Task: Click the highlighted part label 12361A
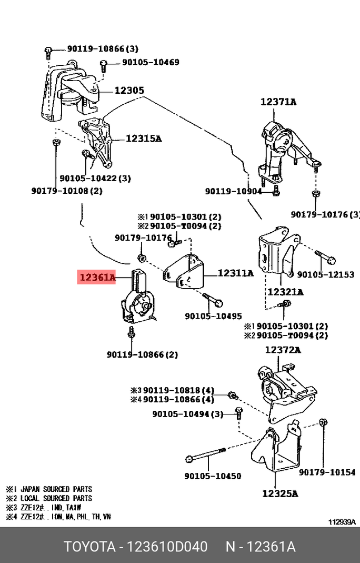(96, 277)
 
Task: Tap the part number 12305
(129, 91)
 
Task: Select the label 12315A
(143, 139)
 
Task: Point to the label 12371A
(278, 102)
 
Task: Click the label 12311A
(235, 273)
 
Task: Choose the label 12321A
(285, 292)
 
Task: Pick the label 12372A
(283, 350)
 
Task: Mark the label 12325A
(280, 494)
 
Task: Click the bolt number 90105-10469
(151, 62)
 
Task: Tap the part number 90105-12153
(326, 275)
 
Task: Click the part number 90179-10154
(327, 472)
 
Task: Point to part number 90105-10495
(213, 316)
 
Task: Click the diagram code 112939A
(342, 522)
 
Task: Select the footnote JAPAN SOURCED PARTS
(56, 489)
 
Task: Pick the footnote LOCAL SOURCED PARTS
(56, 498)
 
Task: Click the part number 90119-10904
(233, 192)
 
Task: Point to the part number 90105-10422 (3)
(95, 179)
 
